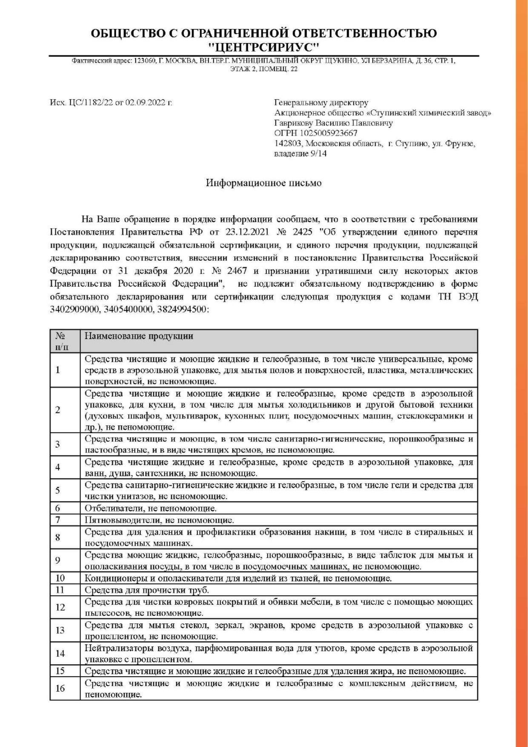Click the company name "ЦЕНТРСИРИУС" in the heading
point(264,46)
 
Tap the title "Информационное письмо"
point(264,183)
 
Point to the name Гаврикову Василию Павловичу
point(333,123)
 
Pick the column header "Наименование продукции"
point(139,336)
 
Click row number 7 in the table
point(58,520)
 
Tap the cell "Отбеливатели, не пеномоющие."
point(151,508)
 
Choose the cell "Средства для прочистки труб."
point(147,590)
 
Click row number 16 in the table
point(60,688)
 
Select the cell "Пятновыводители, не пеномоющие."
point(159,520)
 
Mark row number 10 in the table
point(60,578)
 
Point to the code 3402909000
point(75,310)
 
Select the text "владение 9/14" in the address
point(300,154)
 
